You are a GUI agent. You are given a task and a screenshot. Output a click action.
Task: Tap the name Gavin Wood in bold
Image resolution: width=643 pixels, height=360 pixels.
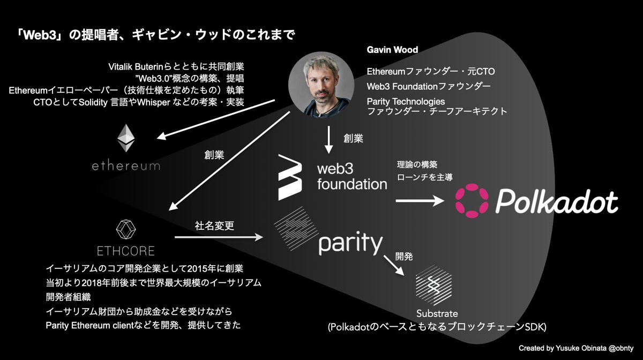(392, 50)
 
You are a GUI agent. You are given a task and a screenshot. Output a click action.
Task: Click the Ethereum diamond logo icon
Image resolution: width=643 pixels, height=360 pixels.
(127, 138)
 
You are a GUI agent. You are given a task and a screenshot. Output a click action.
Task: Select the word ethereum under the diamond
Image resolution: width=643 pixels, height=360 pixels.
(125, 166)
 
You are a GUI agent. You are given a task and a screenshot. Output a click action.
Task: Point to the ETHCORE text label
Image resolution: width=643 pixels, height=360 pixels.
(126, 251)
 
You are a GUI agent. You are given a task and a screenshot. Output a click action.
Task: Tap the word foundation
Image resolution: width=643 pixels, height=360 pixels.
(352, 185)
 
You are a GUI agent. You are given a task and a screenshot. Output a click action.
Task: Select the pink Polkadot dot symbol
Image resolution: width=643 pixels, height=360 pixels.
(470, 202)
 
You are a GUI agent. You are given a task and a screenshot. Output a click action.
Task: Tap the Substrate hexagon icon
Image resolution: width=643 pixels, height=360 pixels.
(433, 284)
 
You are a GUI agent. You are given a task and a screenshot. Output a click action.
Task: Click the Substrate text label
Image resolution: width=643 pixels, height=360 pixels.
(437, 313)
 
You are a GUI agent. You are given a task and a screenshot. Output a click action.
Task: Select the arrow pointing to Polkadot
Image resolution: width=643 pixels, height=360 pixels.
(420, 201)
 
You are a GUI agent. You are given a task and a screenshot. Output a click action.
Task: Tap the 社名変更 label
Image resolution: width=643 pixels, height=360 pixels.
(214, 226)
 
